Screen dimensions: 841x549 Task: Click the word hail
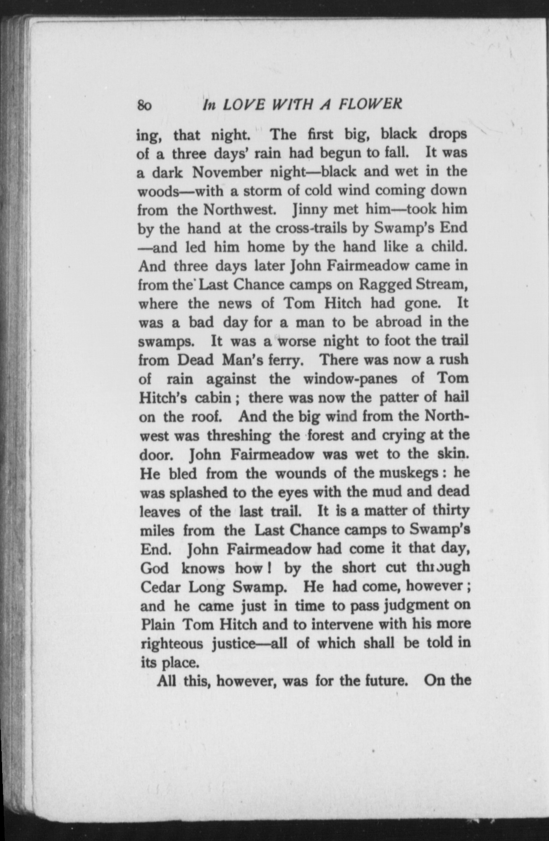tap(456, 397)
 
